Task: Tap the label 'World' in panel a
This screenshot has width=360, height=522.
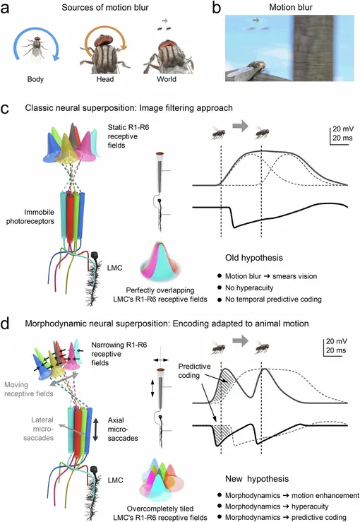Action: click(x=167, y=79)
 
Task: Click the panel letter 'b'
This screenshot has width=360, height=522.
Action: click(x=216, y=7)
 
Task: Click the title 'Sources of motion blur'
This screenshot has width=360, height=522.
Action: click(x=105, y=7)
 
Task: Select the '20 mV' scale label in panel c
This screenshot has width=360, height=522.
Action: click(x=343, y=129)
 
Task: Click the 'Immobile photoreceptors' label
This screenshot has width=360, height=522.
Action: click(x=30, y=216)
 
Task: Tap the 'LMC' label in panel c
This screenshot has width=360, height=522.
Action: click(x=115, y=268)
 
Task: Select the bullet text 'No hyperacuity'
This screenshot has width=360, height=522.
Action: click(x=249, y=287)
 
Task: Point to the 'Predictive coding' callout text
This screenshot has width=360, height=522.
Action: click(x=194, y=371)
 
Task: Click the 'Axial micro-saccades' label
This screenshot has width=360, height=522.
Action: click(x=123, y=429)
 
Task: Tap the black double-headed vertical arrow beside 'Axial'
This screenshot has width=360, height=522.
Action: click(x=95, y=429)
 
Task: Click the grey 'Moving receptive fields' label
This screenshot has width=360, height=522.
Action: click(x=29, y=389)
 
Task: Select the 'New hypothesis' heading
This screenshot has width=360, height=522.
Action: click(x=257, y=479)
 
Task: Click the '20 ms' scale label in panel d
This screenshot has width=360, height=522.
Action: click(x=337, y=350)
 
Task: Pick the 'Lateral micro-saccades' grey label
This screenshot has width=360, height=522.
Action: click(x=39, y=429)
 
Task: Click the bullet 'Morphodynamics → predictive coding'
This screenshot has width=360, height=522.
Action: click(x=285, y=517)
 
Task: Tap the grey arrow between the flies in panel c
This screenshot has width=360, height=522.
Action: click(x=240, y=126)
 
